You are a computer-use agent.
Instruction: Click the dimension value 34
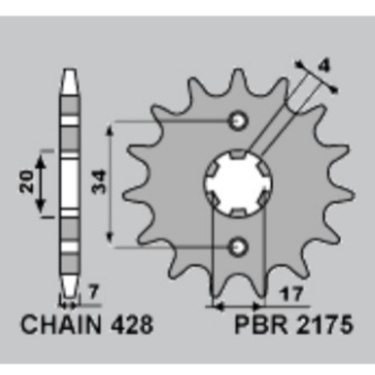click(x=99, y=181)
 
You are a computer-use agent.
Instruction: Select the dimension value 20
click(x=26, y=181)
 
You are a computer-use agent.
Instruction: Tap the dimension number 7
click(x=93, y=292)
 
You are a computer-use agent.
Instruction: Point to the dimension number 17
click(x=292, y=294)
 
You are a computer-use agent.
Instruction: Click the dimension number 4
click(x=324, y=65)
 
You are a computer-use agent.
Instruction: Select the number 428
click(x=131, y=325)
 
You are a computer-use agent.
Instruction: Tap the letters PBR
click(x=261, y=325)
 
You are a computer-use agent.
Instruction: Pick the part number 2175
click(x=324, y=325)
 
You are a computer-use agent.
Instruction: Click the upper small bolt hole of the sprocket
click(x=238, y=121)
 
